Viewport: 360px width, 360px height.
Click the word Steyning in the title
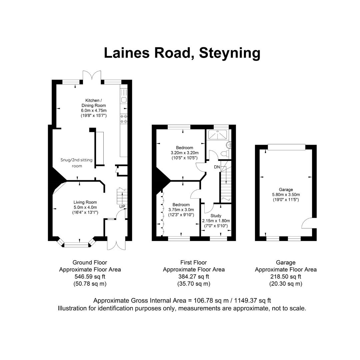pyautogui.click(x=230, y=53)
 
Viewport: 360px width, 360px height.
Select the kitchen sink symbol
pyautogui.click(x=124, y=100)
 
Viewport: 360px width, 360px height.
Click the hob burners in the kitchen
pyautogui.click(x=124, y=119)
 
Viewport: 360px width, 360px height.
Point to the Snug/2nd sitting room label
pyautogui.click(x=76, y=163)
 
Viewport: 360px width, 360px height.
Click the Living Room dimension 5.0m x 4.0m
pyautogui.click(x=85, y=207)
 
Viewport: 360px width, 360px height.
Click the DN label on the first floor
pyautogui.click(x=217, y=167)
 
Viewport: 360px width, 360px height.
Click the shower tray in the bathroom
pyautogui.click(x=218, y=134)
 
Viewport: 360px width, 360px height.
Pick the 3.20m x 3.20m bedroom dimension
pyautogui.click(x=184, y=153)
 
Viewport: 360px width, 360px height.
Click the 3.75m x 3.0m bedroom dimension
pyautogui.click(x=181, y=210)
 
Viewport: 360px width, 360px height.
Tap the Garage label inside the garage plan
pyautogui.click(x=286, y=190)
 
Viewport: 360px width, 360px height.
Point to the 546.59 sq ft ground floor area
pyautogui.click(x=90, y=277)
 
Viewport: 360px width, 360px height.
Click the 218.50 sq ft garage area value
pyautogui.click(x=286, y=277)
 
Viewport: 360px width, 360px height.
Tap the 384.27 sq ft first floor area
pyautogui.click(x=193, y=277)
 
